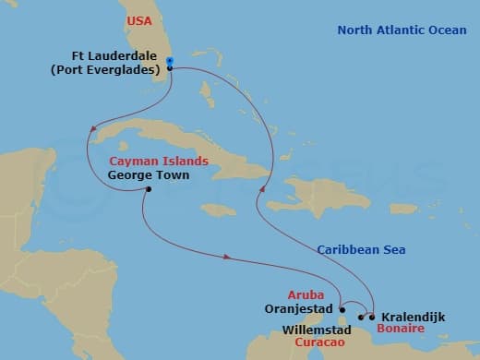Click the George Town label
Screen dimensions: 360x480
(x=148, y=174)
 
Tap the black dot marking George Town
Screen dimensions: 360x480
(x=148, y=191)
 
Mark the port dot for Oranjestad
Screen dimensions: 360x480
(x=342, y=310)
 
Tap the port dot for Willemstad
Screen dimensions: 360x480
(x=361, y=318)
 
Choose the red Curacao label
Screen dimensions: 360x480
(x=320, y=341)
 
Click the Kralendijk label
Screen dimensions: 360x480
(x=413, y=317)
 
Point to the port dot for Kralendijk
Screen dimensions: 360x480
(x=372, y=317)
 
